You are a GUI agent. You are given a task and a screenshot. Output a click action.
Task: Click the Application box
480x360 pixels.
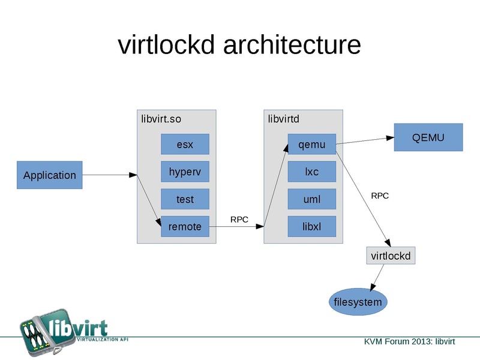(49, 175)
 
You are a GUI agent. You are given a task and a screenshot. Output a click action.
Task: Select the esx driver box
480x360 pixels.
(185, 145)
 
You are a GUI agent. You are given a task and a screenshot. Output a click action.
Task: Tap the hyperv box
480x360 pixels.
(185, 172)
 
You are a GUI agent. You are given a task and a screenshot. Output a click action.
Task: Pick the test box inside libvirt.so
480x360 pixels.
(185, 199)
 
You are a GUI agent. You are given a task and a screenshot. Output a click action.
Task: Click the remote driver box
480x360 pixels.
(185, 227)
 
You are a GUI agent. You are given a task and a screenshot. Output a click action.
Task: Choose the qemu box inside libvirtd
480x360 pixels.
(311, 145)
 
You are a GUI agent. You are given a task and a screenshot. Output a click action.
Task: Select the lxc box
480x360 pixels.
(311, 172)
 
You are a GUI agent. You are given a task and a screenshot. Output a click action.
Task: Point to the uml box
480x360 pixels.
(311, 199)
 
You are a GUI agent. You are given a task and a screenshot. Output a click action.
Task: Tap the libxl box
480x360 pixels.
(311, 227)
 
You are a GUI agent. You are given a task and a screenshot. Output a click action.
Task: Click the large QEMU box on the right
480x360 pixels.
(428, 137)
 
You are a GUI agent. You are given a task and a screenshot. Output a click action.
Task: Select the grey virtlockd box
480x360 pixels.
(391, 256)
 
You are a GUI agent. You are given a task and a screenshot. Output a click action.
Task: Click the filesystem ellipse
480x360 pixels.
(358, 302)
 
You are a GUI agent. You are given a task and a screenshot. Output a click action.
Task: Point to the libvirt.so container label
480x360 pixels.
(161, 119)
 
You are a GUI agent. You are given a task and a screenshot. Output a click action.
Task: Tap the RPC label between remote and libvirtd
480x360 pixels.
(239, 220)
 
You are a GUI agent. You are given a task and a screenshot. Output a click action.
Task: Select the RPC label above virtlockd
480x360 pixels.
(380, 196)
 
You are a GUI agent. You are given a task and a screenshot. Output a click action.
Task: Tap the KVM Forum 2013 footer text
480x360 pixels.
(409, 341)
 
